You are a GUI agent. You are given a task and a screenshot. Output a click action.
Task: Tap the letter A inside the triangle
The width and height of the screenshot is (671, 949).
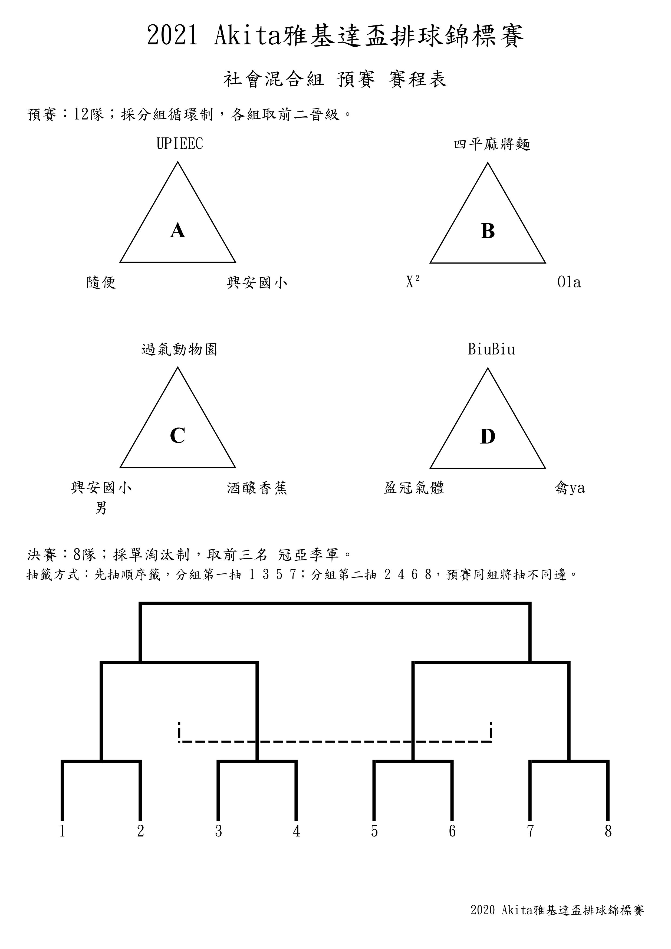178,230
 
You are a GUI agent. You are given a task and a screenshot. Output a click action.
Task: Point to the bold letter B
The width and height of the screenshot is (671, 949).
488,231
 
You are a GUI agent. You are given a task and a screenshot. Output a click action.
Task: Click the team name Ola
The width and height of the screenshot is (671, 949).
569,282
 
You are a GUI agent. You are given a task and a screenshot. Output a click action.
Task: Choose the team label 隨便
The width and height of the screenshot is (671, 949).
101,283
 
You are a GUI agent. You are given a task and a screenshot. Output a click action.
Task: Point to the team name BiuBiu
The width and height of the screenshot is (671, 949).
492,349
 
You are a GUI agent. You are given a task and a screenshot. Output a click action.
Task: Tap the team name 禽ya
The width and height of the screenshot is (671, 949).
570,488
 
